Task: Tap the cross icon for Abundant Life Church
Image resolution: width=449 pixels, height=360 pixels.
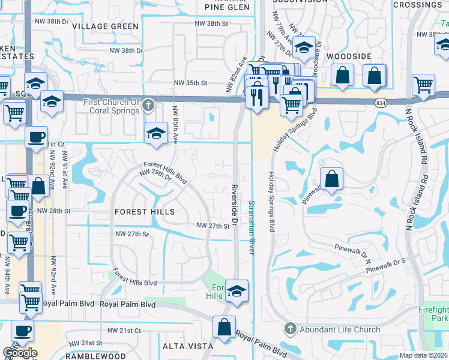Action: pyautogui.click(x=291, y=329)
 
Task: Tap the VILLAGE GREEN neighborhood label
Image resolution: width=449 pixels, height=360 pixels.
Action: pyautogui.click(x=105, y=26)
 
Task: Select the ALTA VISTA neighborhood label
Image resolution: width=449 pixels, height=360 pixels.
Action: pyautogui.click(x=188, y=346)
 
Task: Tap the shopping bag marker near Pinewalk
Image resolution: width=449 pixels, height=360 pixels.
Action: pyautogui.click(x=331, y=178)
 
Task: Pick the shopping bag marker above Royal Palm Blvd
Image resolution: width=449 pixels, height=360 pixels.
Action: pyautogui.click(x=224, y=328)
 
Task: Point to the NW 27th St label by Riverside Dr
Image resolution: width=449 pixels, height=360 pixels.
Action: pyautogui.click(x=214, y=226)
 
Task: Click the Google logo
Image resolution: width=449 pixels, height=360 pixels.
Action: pyautogui.click(x=20, y=353)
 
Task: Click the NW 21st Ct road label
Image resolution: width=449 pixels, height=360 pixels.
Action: pyautogui.click(x=124, y=331)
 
